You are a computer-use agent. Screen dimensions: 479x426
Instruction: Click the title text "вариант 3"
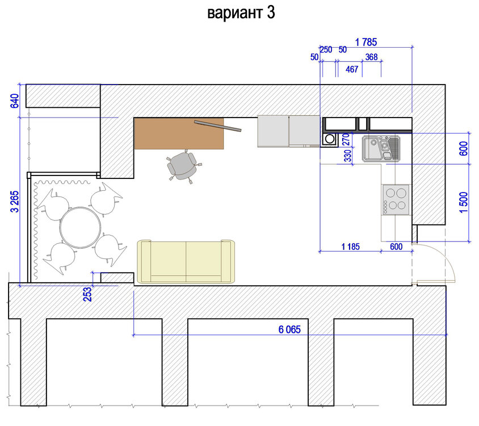point(241,13)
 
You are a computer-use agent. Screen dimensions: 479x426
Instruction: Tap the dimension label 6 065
point(289,329)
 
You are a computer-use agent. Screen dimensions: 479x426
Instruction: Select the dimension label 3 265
point(15,202)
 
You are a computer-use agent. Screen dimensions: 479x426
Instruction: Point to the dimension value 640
point(15,101)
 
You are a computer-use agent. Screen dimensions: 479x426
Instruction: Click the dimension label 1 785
point(365,42)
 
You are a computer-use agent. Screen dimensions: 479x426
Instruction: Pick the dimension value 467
point(352,69)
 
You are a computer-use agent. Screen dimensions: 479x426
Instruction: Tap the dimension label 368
point(372,57)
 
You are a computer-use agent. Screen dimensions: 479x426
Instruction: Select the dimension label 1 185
point(350,247)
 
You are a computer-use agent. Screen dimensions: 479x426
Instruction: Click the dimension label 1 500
point(464,202)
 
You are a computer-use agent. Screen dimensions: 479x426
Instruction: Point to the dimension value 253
point(87,294)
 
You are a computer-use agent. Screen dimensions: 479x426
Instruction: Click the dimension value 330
point(348,156)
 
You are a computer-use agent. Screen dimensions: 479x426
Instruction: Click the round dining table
point(81,228)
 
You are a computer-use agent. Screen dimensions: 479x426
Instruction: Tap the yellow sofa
point(186,262)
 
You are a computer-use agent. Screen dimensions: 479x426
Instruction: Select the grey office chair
point(182,166)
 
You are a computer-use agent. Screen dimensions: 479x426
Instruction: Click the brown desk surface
point(179,133)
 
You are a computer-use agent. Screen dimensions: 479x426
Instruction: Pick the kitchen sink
point(381,149)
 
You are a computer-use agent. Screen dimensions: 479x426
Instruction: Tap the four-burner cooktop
point(396,199)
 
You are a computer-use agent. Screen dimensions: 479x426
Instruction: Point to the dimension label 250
point(326,49)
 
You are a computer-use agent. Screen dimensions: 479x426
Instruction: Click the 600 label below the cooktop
point(396,247)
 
